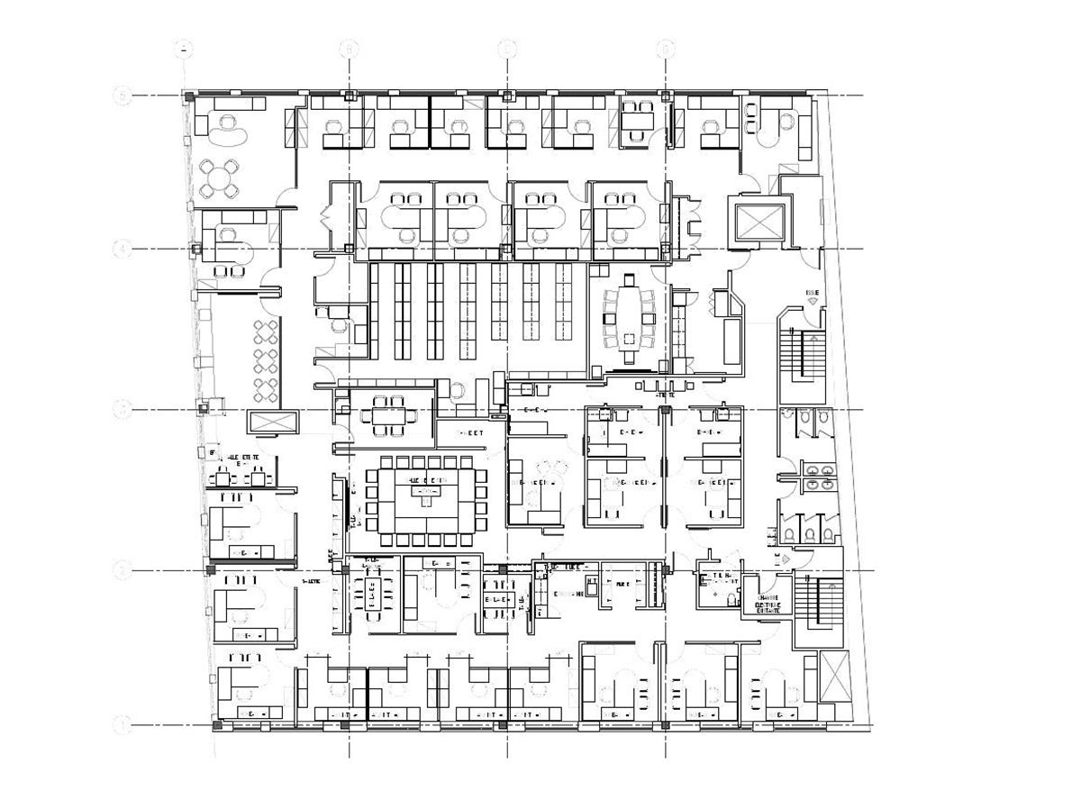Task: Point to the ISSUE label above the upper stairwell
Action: pyautogui.click(x=813, y=293)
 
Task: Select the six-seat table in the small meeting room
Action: pyautogui.click(x=390, y=416)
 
